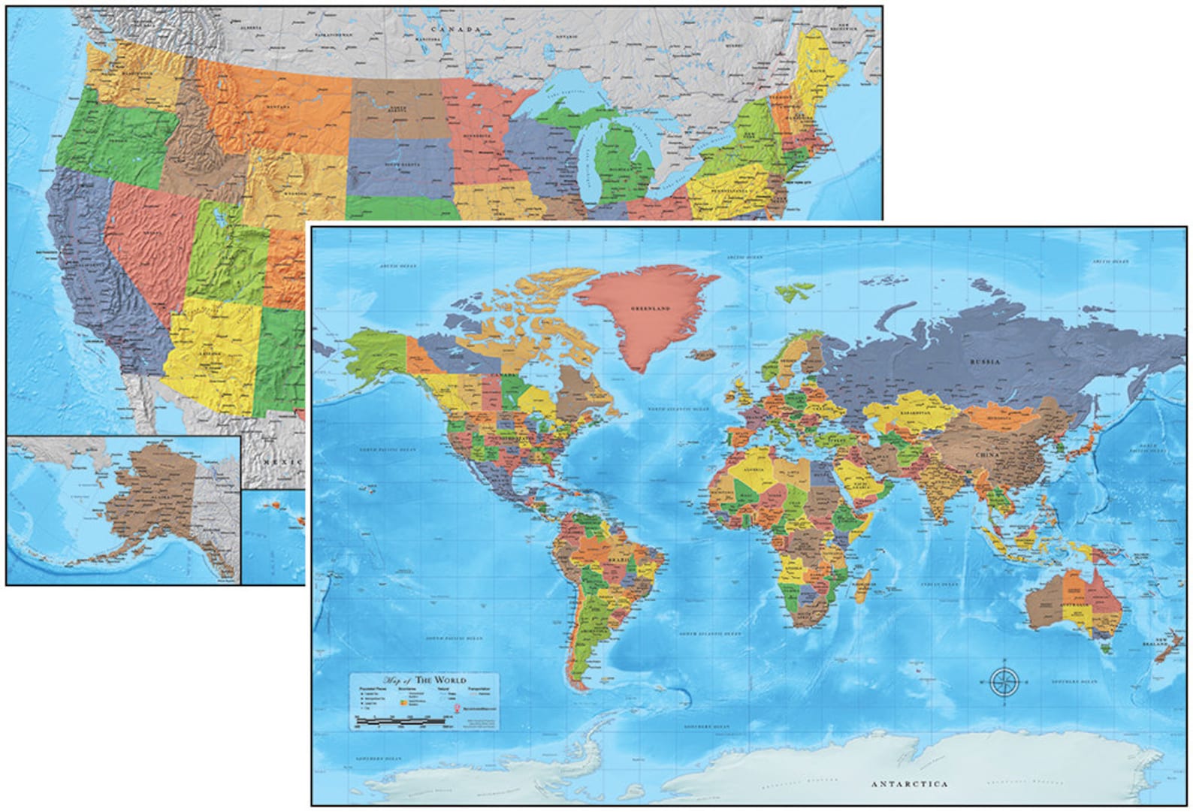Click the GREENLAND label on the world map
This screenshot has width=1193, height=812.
click(650, 309)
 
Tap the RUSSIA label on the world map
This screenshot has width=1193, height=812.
click(986, 361)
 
